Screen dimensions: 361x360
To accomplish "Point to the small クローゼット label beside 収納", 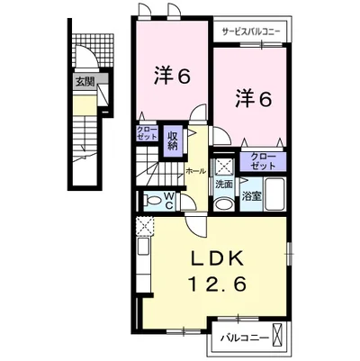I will (x=147, y=133).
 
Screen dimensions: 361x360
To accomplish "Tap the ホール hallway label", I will (x=196, y=169).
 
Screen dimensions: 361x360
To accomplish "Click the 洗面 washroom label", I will (x=224, y=184).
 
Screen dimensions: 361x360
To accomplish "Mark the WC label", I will (x=168, y=202).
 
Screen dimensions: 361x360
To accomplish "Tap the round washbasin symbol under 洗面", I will (x=223, y=202).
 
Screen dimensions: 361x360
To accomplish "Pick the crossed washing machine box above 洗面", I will (x=222, y=166).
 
